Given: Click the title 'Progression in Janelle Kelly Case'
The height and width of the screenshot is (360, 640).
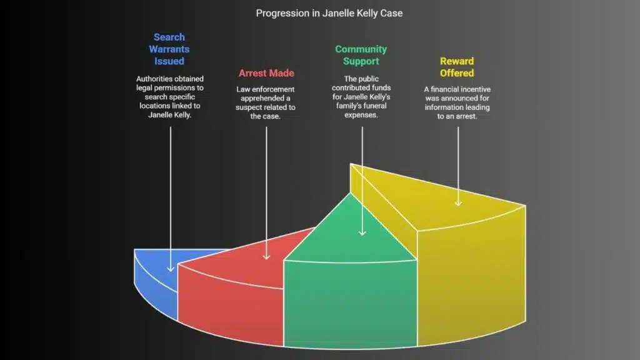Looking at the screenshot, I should click(x=319, y=13).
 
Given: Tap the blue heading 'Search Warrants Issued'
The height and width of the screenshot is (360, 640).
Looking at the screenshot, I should click(x=169, y=49).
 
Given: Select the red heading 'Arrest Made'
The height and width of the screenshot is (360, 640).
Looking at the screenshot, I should click(x=266, y=73).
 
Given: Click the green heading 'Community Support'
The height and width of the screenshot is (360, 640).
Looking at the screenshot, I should click(x=361, y=55).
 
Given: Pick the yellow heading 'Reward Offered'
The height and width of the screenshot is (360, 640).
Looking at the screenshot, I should click(x=457, y=67).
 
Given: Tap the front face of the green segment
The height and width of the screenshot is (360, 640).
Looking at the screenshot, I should click(x=350, y=300).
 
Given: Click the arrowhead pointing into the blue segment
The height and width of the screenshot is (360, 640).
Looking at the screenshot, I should click(x=169, y=269).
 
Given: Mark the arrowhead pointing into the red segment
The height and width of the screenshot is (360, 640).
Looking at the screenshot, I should click(x=266, y=256).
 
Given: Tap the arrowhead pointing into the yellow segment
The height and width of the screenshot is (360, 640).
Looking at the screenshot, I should click(x=457, y=203).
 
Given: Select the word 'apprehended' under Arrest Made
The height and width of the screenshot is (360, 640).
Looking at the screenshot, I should click(x=266, y=99).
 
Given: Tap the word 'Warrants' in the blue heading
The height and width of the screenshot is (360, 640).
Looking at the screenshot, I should click(x=169, y=49).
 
